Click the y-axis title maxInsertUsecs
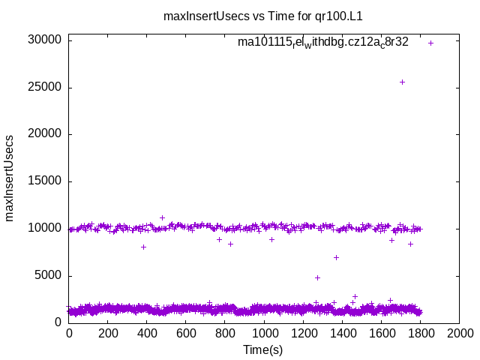click(10, 178)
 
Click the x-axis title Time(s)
click(263, 349)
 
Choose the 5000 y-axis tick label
click(47, 276)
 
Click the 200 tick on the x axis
click(108, 333)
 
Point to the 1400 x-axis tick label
click(342, 333)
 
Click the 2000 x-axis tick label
click(459, 333)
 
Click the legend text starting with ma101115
click(323, 43)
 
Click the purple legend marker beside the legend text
click(430, 43)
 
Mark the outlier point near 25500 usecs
click(402, 82)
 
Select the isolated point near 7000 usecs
click(337, 257)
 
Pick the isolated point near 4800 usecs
click(317, 277)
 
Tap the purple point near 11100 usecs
click(162, 217)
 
